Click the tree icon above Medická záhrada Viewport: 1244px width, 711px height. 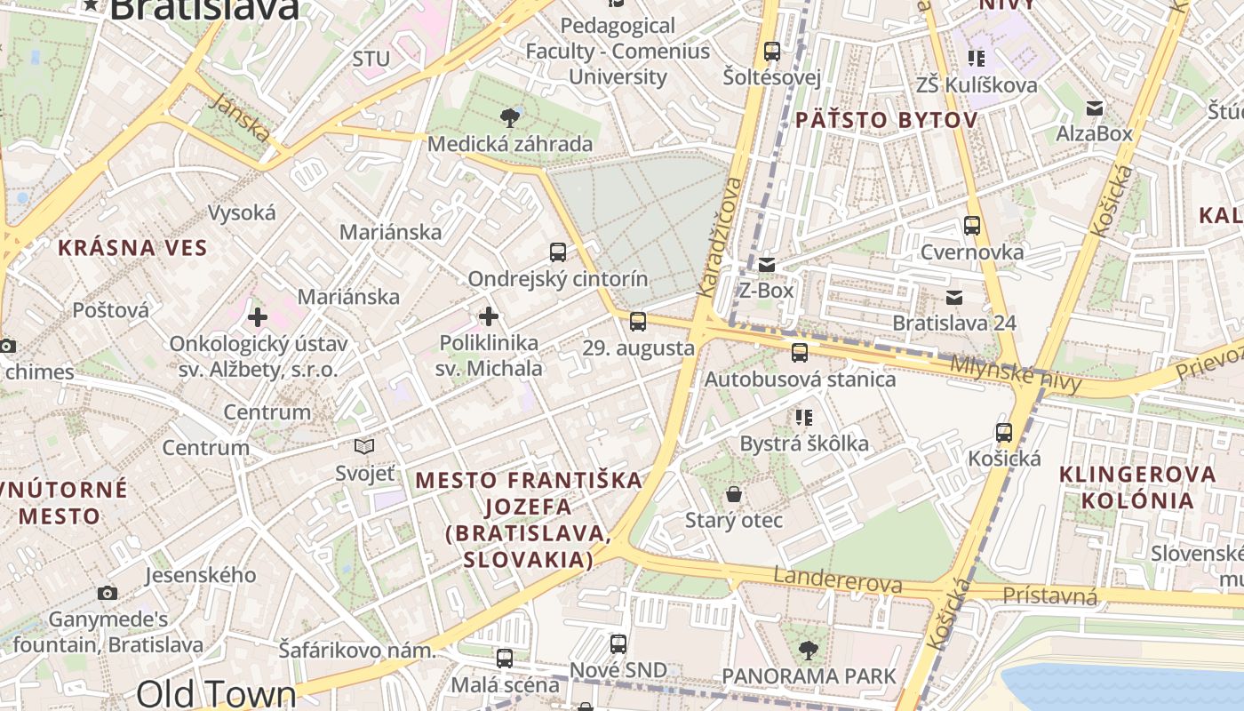tap(510, 117)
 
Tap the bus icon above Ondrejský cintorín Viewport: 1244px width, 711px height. tap(558, 252)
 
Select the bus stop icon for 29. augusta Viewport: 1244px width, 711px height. tap(638, 322)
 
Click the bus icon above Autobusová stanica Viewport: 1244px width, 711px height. tap(800, 353)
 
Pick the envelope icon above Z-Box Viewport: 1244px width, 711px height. tap(767, 264)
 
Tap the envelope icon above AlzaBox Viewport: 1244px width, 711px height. tap(1095, 108)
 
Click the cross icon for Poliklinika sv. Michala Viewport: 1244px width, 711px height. tap(489, 316)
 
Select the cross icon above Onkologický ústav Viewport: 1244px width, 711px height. tap(258, 317)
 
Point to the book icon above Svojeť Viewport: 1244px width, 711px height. tap(364, 446)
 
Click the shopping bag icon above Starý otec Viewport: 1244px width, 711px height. tap(734, 493)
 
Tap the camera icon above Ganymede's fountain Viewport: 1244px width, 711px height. tap(108, 593)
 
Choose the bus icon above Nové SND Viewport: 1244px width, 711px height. tap(618, 644)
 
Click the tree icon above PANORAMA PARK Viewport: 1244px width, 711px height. tap(809, 651)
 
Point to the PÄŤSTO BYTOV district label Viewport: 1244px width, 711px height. tap(886, 120)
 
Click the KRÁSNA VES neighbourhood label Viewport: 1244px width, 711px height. tap(132, 248)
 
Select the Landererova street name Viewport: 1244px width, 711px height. tap(838, 580)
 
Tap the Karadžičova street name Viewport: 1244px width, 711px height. tap(720, 237)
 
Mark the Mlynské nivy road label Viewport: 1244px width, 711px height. tap(1016, 374)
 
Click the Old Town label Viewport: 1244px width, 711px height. tap(217, 694)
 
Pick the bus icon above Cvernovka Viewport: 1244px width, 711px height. tap(972, 226)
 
